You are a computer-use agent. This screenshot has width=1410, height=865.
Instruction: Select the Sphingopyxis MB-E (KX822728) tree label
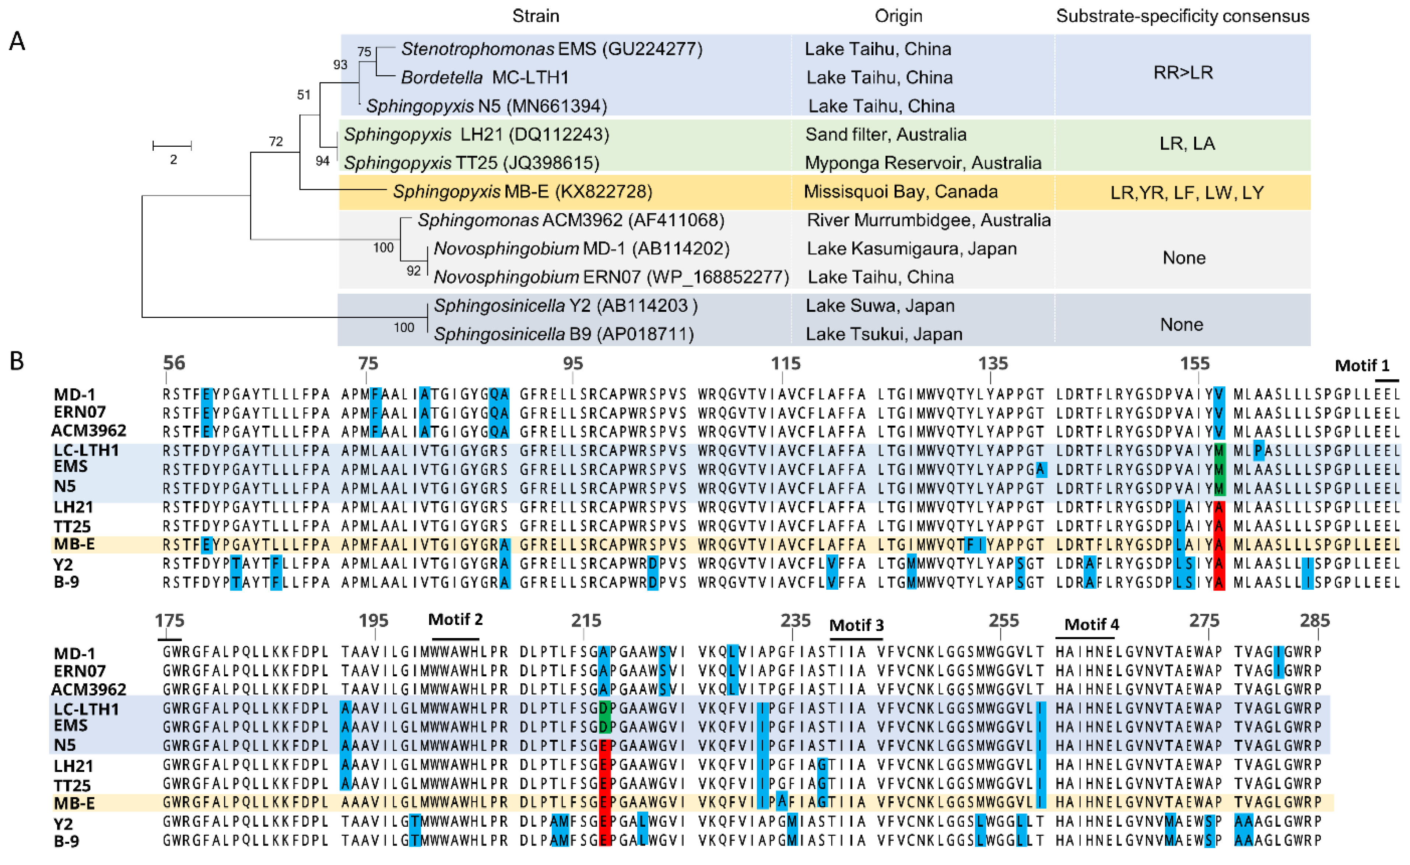[522, 191]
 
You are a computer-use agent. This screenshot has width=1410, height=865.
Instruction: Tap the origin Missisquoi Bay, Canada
[900, 191]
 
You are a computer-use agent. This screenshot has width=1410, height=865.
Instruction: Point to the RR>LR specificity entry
[1183, 73]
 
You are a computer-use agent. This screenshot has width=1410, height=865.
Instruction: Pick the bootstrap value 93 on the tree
[340, 65]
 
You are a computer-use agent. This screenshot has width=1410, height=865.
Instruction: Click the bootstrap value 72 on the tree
[276, 142]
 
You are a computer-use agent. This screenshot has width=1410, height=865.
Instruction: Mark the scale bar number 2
[173, 160]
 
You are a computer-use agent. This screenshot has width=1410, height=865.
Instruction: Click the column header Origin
[898, 16]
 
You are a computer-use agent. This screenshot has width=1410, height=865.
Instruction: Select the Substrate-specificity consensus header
[1182, 16]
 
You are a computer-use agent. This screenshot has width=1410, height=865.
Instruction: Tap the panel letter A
[17, 41]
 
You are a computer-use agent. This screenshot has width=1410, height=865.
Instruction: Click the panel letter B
[17, 361]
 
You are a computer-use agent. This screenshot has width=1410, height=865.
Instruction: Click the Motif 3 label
[856, 625]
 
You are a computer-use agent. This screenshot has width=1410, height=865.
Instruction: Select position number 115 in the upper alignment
[785, 363]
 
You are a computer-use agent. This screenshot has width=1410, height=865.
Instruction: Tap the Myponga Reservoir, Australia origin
[923, 163]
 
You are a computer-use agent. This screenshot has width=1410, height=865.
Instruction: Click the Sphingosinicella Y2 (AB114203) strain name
[565, 306]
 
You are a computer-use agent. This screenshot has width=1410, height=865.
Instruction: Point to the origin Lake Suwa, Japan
[880, 306]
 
